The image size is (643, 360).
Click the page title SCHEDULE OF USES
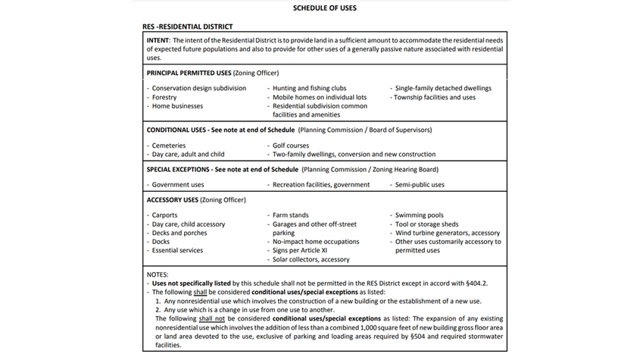pyautogui.click(x=324, y=8)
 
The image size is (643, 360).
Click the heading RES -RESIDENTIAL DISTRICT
pyautogui.click(x=187, y=27)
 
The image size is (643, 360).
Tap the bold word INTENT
pyautogui.click(x=158, y=39)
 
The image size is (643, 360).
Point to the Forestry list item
pyautogui.click(x=164, y=97)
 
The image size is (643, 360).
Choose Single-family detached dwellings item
pyautogui.click(x=443, y=88)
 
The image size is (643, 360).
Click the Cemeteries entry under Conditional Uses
pyautogui.click(x=169, y=145)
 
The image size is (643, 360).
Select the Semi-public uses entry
pyautogui.click(x=420, y=184)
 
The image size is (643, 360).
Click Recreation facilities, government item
pyautogui.click(x=321, y=184)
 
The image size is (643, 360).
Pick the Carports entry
pyautogui.click(x=165, y=215)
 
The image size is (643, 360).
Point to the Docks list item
pyautogui.click(x=162, y=242)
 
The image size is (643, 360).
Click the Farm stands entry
pyautogui.click(x=291, y=215)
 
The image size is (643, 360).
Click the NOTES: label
pyautogui.click(x=158, y=274)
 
